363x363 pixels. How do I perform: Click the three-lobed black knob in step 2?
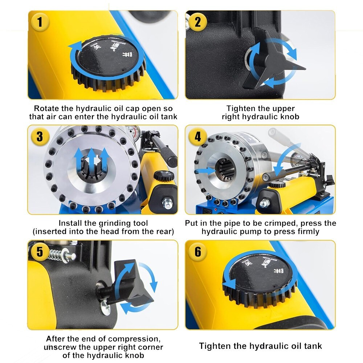[x=274, y=62]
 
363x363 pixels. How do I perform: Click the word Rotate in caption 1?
[x=46, y=109]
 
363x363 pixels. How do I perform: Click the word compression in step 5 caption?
[x=134, y=339]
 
